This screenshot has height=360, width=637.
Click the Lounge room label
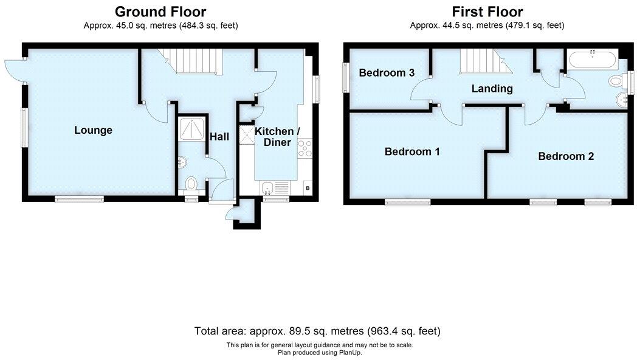click(93, 130)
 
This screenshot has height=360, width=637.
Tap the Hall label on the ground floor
click(219, 137)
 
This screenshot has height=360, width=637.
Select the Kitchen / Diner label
click(277, 137)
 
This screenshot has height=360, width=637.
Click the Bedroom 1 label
click(412, 151)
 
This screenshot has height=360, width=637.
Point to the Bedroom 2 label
click(566, 156)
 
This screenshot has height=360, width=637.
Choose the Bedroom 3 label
click(387, 73)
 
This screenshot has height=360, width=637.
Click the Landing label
click(492, 89)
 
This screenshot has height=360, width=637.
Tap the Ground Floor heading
click(160, 12)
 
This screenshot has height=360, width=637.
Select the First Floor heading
click(487, 12)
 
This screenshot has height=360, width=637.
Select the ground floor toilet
click(191, 183)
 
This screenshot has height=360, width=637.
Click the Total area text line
click(317, 331)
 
